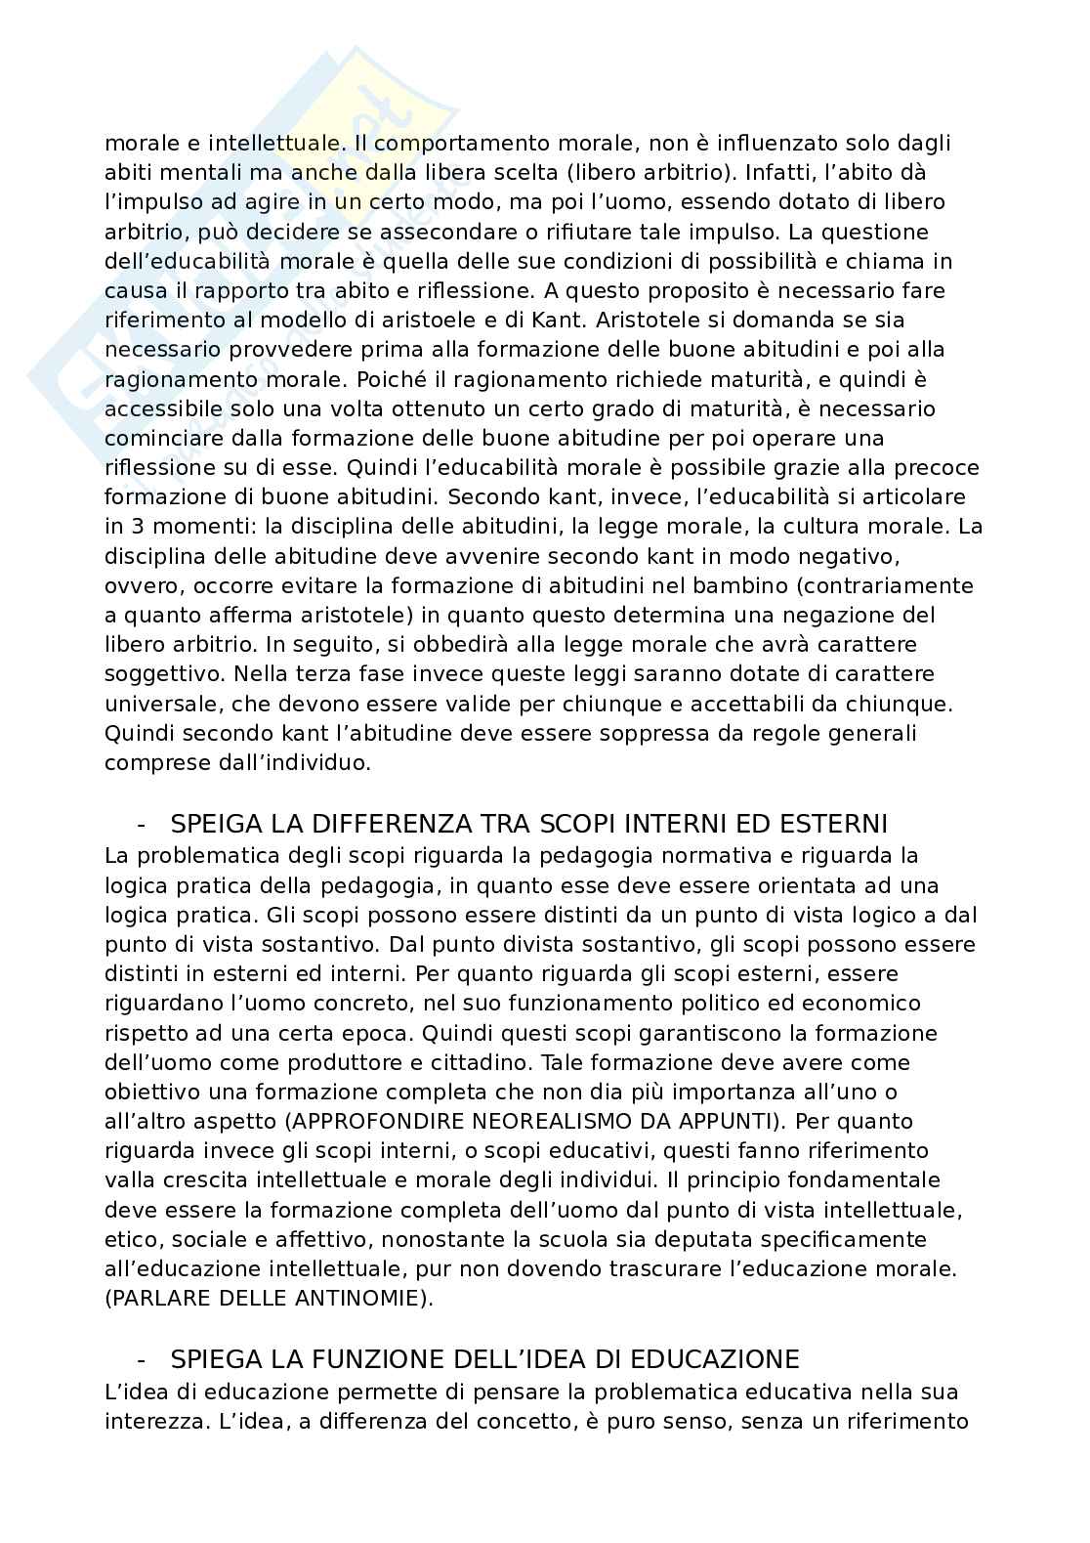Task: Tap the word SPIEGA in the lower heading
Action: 213,1359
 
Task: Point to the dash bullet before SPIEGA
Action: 143,1359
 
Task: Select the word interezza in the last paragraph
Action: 147,1421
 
